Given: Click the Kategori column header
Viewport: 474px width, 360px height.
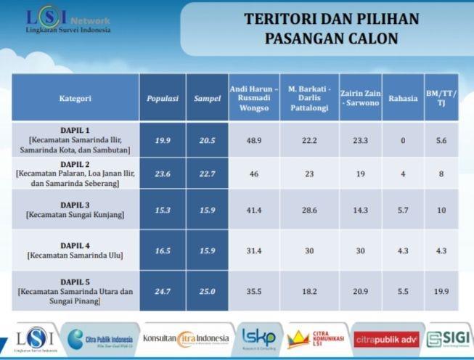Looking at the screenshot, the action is [75, 98].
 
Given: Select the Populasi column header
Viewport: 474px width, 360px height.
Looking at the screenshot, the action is [163, 99].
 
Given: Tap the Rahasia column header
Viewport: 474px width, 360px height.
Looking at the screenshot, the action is [403, 98].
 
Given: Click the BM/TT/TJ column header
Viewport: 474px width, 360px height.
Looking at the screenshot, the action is [441, 98].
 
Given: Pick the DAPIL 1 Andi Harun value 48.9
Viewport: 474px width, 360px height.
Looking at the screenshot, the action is [254, 140].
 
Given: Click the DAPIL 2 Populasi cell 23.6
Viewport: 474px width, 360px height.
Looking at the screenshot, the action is [163, 173].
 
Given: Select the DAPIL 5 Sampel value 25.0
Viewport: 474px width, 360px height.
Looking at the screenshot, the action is [207, 291].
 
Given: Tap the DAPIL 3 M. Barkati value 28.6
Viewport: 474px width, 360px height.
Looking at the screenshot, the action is [309, 210].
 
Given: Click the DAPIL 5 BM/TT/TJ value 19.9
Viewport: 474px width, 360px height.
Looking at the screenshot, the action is [441, 291].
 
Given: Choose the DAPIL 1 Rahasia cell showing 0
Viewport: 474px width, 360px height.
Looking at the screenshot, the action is [403, 140].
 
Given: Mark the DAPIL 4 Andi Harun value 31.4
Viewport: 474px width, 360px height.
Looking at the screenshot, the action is [254, 250].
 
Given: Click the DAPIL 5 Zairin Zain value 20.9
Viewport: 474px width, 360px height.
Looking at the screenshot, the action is [360, 291].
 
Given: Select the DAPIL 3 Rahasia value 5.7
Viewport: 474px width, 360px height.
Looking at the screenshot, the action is [403, 210].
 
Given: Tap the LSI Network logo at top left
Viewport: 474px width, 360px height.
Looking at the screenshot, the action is [68, 19].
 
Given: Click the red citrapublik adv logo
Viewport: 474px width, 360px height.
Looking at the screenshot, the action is [387, 340].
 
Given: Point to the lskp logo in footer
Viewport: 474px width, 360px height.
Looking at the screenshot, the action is [259, 338].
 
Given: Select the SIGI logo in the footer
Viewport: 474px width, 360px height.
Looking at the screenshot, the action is [449, 339].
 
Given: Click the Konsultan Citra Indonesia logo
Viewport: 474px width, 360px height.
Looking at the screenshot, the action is [186, 339].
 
